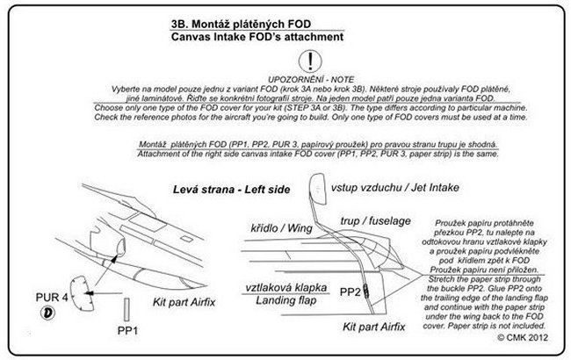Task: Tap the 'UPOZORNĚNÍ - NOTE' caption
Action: click(x=309, y=79)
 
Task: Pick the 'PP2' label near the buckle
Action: click(x=350, y=289)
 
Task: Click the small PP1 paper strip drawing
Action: click(x=127, y=309)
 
